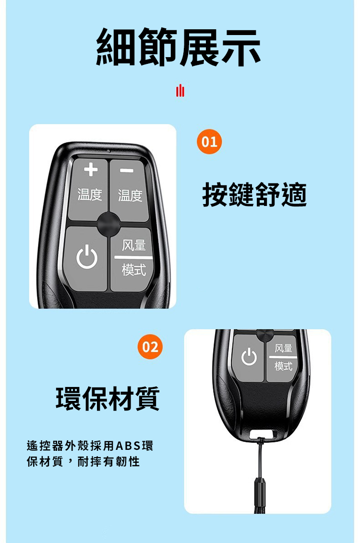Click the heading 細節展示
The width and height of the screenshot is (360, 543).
click(179, 47)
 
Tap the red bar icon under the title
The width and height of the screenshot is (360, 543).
click(180, 91)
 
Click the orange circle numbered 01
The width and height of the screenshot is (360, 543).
click(209, 142)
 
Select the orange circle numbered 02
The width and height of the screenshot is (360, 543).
click(151, 347)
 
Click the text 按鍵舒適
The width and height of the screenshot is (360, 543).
click(254, 194)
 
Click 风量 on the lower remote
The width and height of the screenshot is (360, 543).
click(284, 348)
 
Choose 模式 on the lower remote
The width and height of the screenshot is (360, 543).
click(284, 366)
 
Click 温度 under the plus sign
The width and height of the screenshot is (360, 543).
click(90, 194)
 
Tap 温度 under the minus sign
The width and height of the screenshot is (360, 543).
click(130, 195)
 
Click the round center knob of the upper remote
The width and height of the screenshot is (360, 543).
click(108, 224)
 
